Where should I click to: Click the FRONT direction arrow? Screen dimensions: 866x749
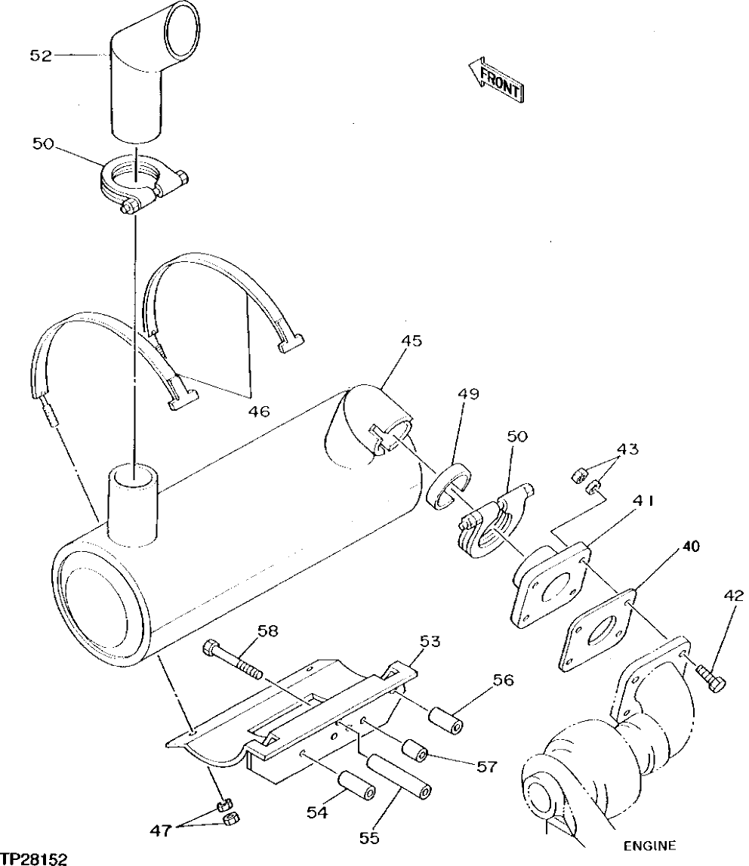495,81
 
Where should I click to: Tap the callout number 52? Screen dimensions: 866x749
41,55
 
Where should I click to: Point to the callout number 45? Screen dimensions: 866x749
411,341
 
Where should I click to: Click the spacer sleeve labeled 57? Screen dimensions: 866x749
414,750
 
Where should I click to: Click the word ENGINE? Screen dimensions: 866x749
649,846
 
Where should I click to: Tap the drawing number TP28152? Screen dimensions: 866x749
34,858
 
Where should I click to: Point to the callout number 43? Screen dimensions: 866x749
627,449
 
